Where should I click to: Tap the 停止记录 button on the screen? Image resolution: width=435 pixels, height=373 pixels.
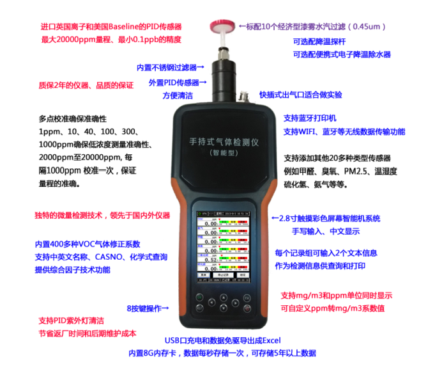[222, 275]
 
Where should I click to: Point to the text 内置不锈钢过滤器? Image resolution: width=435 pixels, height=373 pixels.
[167, 67]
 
